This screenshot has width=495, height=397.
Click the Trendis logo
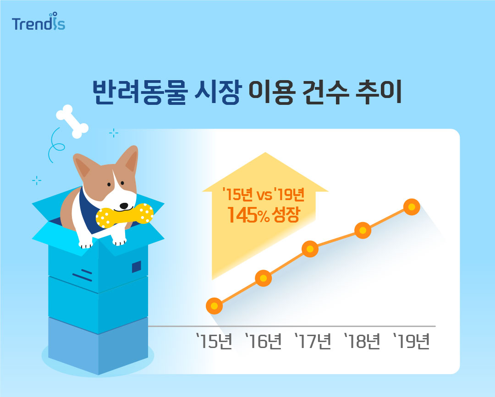click(x=38, y=22)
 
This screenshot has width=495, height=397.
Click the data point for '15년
click(x=214, y=305)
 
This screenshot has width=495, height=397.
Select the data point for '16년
click(x=263, y=278)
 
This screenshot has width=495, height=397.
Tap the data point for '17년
click(x=310, y=249)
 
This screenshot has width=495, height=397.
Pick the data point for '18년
click(x=363, y=230)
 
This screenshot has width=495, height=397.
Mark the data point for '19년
click(x=412, y=207)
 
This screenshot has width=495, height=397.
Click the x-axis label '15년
click(x=214, y=341)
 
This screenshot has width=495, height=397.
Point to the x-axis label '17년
click(x=313, y=341)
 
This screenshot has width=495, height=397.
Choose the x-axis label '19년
click(x=412, y=341)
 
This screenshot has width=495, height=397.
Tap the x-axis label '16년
click(x=264, y=341)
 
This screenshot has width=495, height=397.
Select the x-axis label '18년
click(x=363, y=341)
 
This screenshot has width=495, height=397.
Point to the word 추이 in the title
click(x=379, y=92)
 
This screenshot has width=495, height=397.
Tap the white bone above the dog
click(x=72, y=121)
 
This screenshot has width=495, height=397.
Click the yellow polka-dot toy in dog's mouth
click(x=125, y=215)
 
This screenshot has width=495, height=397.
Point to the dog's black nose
click(x=124, y=206)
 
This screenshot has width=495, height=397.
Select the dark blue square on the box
click(x=137, y=266)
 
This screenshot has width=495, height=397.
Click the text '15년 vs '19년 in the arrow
click(x=263, y=194)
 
